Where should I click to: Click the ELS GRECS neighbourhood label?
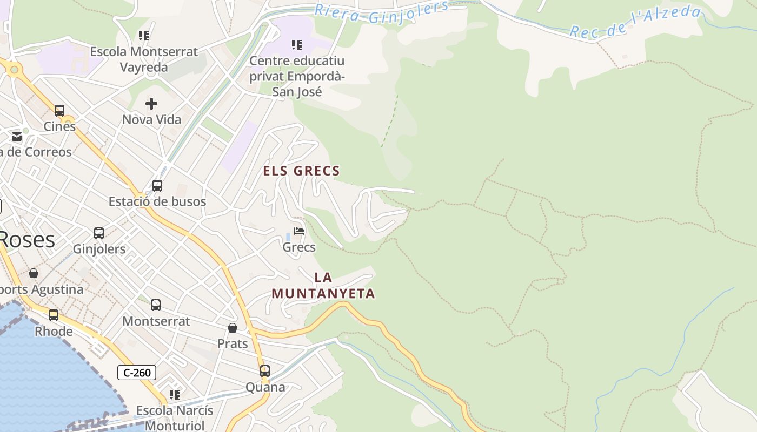point(301,171)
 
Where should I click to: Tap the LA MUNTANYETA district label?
point(323,286)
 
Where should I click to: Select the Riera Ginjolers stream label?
point(382,13)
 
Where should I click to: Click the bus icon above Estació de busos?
point(157,186)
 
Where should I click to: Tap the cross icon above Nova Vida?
point(151,103)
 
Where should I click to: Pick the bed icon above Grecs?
point(299,231)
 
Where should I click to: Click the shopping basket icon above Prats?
point(233,328)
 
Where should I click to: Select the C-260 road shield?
point(137,373)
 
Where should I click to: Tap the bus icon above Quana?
point(265,371)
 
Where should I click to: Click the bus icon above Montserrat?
point(156,305)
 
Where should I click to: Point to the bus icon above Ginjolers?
point(99,233)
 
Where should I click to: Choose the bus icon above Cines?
point(59,111)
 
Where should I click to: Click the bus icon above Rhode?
point(54,315)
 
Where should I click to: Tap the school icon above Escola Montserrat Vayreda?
point(144,36)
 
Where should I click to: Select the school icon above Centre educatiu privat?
point(297,44)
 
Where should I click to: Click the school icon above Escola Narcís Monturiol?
point(174,395)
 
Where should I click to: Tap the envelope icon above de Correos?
point(17,136)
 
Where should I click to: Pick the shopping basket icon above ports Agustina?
point(34,273)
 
